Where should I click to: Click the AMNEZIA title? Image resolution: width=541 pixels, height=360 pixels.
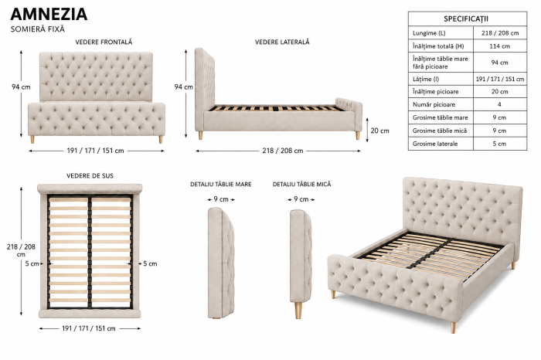(49, 14)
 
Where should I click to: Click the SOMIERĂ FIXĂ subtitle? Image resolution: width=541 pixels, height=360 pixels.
(38, 29)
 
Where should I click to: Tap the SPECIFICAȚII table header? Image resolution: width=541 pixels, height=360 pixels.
(466, 19)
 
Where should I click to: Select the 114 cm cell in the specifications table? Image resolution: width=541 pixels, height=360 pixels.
(499, 46)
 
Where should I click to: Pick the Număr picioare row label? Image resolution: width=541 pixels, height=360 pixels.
(434, 104)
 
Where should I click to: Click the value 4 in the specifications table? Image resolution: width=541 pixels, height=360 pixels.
(499, 104)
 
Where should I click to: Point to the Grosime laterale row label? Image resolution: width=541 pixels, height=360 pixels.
(434, 144)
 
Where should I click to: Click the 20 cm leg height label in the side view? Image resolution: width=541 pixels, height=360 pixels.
(379, 131)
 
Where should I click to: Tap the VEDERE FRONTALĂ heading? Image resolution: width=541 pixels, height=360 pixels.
(104, 42)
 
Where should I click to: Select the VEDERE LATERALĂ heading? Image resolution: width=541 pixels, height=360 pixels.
(282, 42)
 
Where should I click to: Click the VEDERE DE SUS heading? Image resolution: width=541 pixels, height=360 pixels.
(90, 176)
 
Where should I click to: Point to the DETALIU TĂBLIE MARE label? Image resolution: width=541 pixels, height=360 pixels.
(221, 185)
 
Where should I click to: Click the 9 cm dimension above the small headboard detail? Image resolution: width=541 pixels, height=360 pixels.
(301, 199)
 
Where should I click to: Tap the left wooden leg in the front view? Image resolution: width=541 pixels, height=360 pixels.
(32, 139)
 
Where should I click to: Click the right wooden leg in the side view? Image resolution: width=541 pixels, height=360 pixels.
(357, 135)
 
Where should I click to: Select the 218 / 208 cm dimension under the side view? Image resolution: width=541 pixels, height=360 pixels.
(283, 151)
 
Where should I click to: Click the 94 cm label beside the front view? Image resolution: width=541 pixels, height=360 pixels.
(21, 87)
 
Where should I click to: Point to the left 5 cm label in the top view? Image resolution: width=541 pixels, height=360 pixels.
(32, 263)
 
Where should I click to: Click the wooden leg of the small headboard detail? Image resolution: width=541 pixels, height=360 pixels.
(298, 311)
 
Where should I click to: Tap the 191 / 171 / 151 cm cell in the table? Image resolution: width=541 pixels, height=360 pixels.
(499, 79)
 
